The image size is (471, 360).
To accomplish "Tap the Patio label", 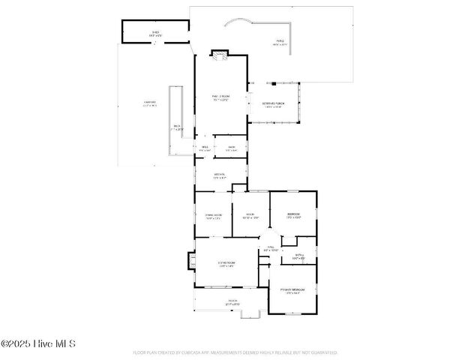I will click(x=280, y=43).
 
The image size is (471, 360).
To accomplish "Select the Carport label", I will click(x=150, y=104).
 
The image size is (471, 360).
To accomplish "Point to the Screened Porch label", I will click(x=272, y=105).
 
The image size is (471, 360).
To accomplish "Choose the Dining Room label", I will click(x=213, y=217).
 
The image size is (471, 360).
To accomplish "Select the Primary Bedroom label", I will click(x=292, y=291).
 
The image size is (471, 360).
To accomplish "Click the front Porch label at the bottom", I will click(x=232, y=303).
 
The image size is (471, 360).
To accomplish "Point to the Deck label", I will click(x=177, y=127).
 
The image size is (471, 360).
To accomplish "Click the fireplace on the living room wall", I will click(x=191, y=261).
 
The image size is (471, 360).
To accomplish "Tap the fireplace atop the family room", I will click(x=219, y=54).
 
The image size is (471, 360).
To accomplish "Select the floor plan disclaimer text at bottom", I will click(x=235, y=352).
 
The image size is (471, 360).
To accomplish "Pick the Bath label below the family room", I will click(x=232, y=148).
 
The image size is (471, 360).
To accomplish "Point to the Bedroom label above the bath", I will click(x=293, y=216).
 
